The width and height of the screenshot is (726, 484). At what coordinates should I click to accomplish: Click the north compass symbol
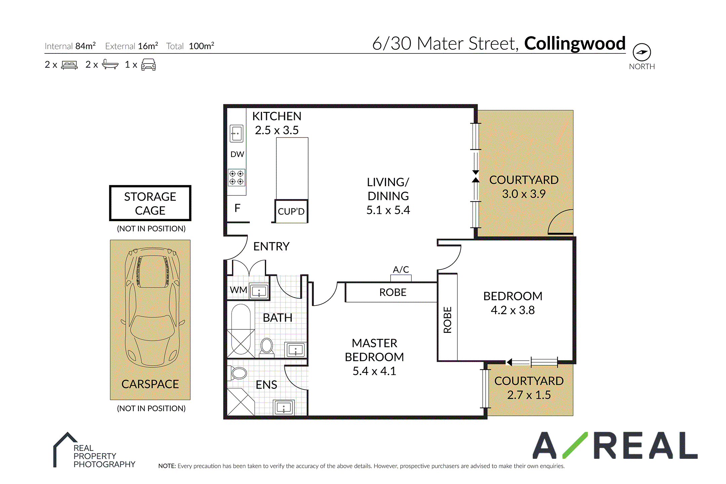642,52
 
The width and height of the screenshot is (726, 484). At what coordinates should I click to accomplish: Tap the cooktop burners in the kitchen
237,177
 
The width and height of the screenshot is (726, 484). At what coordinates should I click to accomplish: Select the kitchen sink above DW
237,133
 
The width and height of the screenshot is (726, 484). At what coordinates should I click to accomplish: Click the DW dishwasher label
237,154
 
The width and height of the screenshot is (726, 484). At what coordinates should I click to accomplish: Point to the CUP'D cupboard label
291,211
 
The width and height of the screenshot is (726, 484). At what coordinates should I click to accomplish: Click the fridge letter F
237,208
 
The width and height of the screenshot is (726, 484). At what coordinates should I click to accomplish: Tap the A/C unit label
401,270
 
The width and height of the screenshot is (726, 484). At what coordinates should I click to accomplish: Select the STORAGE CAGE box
150,203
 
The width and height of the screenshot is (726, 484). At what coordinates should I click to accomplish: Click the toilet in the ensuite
238,373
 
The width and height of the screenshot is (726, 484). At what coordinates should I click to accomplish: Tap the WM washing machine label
238,290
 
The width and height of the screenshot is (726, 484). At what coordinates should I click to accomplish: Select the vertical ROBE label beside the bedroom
447,320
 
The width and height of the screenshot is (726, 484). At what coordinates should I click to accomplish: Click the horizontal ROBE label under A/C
393,292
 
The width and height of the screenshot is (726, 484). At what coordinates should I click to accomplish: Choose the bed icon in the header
69,65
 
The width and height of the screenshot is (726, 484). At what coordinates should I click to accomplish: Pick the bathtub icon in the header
110,64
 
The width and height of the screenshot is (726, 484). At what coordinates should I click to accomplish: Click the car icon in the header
149,64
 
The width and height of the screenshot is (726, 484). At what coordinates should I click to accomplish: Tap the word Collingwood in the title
575,44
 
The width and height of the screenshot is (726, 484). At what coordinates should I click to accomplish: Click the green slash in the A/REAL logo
575,445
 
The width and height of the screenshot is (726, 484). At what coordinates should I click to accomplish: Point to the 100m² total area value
202,46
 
